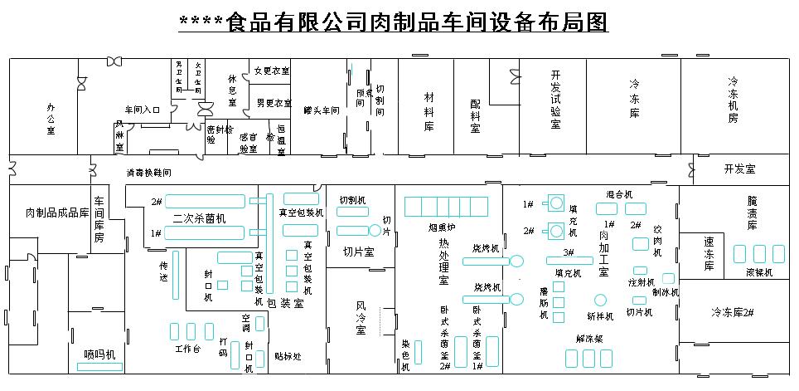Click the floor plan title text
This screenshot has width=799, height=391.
click(x=394, y=22)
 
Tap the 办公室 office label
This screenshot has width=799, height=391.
click(x=51, y=118)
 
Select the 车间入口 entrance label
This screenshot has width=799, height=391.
click(x=142, y=110)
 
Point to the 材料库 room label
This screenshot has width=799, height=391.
click(x=429, y=111)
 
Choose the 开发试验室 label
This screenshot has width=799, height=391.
click(x=556, y=99)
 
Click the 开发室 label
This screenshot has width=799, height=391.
click(x=739, y=169)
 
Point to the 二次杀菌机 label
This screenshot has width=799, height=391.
click(x=199, y=218)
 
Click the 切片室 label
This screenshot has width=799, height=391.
click(x=358, y=252)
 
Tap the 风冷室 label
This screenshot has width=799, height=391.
click(x=361, y=318)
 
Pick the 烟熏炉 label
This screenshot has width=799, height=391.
click(x=442, y=225)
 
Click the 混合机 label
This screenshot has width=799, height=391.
click(x=619, y=194)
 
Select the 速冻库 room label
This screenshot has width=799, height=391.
click(x=709, y=254)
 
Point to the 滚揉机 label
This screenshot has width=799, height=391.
click(x=759, y=271)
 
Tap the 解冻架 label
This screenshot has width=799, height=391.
click(x=589, y=338)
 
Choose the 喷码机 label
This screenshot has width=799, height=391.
click(x=100, y=354)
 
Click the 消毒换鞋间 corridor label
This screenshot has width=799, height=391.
click(x=149, y=174)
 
